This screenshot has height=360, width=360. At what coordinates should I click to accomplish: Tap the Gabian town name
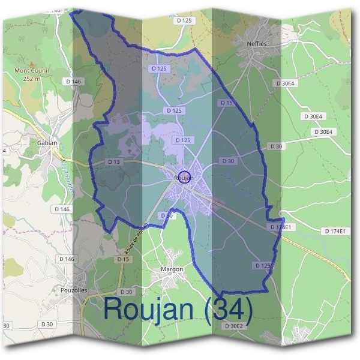click(47, 143)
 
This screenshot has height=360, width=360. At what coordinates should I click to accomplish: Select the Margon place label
click(172, 269)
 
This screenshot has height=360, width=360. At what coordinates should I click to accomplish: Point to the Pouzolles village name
click(74, 290)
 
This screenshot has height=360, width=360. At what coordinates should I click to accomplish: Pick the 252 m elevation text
click(31, 78)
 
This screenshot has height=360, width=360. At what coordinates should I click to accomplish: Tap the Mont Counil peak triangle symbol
click(31, 62)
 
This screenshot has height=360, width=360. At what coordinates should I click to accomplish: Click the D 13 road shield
click(113, 162)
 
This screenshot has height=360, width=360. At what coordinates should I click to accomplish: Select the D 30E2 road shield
click(233, 326)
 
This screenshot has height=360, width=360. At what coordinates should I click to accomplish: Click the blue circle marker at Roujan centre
click(185, 177)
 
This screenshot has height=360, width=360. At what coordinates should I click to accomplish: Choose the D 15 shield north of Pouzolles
click(123, 259)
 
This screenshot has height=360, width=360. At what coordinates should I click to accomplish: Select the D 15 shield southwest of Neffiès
click(227, 103)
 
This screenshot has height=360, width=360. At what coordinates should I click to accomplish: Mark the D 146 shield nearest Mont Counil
click(73, 81)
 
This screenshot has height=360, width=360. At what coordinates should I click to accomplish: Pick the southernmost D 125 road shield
click(262, 265)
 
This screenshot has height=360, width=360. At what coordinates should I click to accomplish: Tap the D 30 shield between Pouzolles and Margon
click(126, 292)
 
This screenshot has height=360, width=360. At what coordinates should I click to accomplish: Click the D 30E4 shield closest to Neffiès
click(285, 83)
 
